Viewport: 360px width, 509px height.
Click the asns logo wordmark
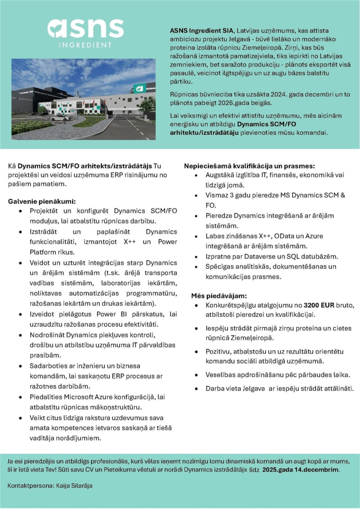click(x=86, y=29)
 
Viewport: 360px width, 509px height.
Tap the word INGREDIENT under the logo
click(x=86, y=45)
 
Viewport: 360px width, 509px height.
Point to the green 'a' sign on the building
click(x=139, y=88)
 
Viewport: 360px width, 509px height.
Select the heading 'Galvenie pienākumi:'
click(x=42, y=201)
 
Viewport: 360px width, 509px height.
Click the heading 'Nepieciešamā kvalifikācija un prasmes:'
click(x=249, y=166)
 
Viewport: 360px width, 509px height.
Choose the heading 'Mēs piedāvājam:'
click(x=219, y=296)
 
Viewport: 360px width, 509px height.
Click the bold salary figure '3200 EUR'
click(x=319, y=305)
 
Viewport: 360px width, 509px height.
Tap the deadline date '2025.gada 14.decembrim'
click(x=301, y=470)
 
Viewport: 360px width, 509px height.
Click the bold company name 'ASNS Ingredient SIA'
click(x=202, y=31)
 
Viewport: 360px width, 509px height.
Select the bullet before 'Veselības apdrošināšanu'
click(x=197, y=375)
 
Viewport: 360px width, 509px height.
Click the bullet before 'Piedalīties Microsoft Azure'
click(x=21, y=397)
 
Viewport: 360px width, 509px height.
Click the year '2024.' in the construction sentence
click(x=279, y=94)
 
